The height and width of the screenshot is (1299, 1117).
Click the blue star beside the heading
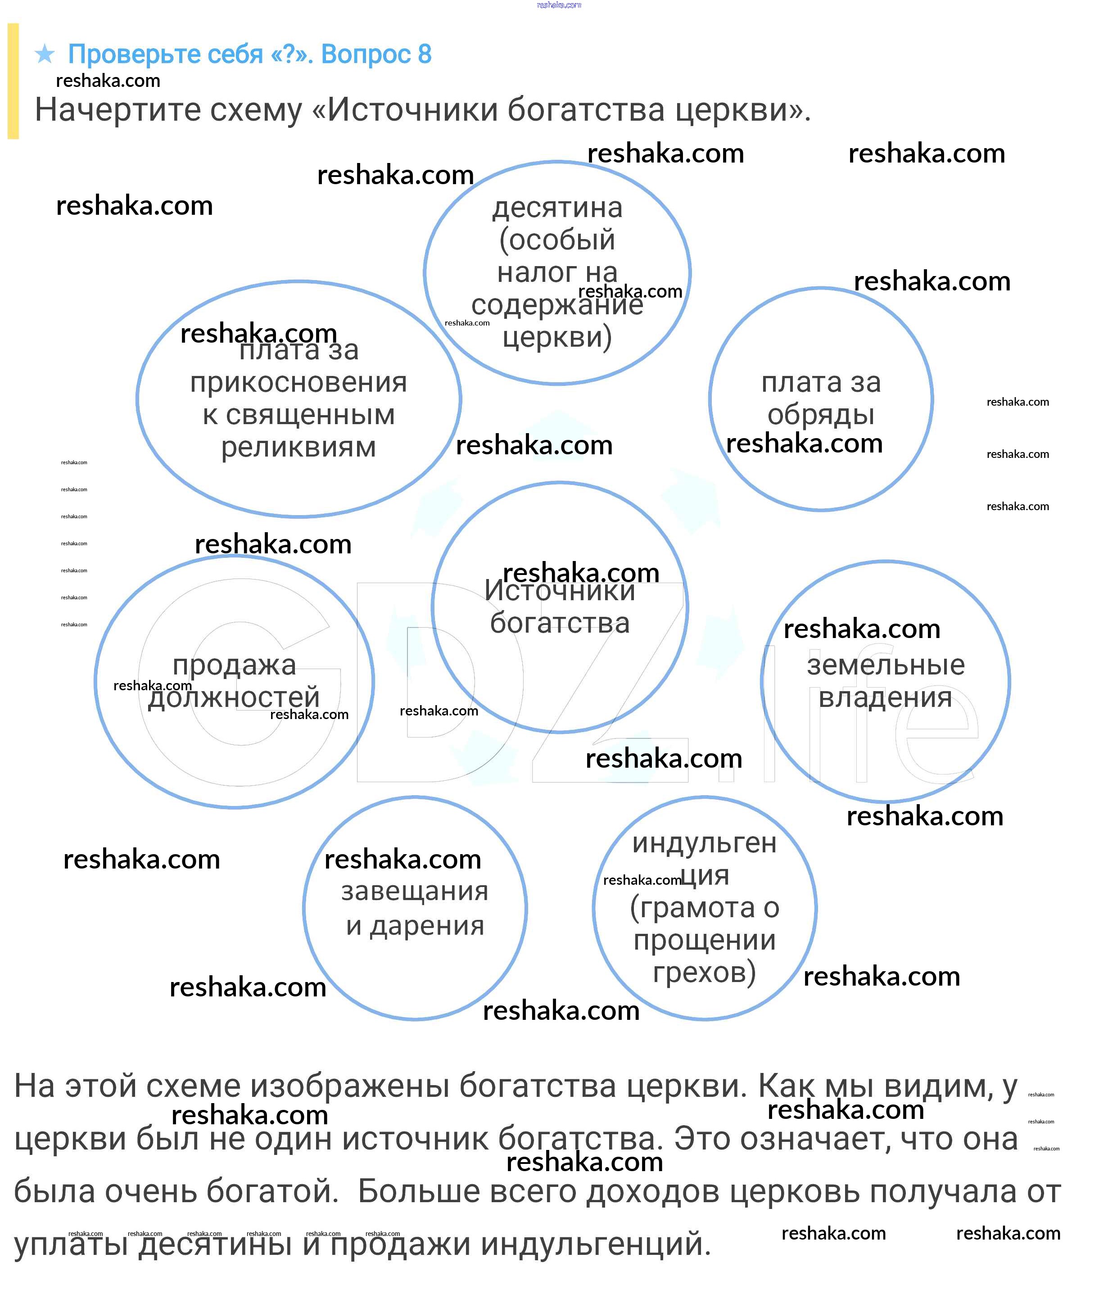[x=45, y=54]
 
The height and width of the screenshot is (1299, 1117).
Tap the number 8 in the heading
[x=425, y=54]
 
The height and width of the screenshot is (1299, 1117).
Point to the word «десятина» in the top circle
[x=557, y=208]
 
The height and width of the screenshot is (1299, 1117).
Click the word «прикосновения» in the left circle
[x=298, y=382]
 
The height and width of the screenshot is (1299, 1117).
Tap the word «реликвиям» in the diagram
[x=298, y=448]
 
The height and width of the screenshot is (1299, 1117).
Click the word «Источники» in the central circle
[x=560, y=591]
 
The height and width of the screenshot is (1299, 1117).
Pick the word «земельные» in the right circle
[x=885, y=665]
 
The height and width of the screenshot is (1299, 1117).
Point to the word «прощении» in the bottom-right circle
[x=705, y=941]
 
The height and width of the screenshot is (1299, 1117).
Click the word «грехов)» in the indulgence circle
[x=705, y=973]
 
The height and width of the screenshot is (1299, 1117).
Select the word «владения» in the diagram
[x=885, y=697]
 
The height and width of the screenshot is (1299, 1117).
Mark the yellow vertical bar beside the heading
[x=13, y=81]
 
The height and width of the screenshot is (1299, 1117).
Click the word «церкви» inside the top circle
[x=557, y=337]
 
